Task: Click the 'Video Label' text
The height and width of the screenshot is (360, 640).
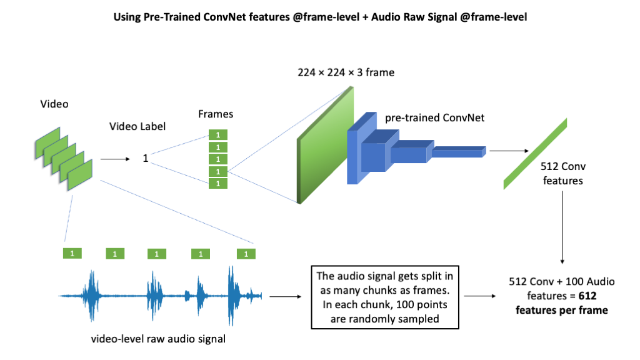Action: [137, 126]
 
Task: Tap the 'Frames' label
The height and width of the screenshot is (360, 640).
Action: [216, 114]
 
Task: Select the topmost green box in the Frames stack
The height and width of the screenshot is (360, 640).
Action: [218, 135]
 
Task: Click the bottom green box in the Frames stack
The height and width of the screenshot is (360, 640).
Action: [218, 183]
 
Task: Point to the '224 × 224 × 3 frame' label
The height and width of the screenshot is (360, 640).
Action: [346, 72]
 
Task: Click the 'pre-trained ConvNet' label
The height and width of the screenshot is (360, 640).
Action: [435, 118]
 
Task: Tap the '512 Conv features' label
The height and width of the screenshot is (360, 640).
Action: [563, 174]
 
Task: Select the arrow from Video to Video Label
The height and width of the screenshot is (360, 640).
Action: [115, 159]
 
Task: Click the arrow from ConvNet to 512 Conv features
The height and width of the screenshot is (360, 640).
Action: [509, 151]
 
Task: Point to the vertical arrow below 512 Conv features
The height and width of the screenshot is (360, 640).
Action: [562, 227]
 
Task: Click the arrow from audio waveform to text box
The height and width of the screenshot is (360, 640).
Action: [286, 297]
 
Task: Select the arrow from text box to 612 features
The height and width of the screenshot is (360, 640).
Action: [480, 296]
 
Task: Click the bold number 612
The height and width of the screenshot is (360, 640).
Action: [587, 296]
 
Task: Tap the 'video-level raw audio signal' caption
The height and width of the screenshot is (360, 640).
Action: [158, 339]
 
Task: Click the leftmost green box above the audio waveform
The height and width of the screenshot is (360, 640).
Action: [72, 254]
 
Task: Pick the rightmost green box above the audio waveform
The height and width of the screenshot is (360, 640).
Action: [246, 254]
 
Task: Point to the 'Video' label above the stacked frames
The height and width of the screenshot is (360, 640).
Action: [54, 104]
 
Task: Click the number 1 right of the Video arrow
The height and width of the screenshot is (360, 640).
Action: [145, 158]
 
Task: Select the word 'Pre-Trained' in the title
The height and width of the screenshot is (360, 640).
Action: [172, 17]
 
